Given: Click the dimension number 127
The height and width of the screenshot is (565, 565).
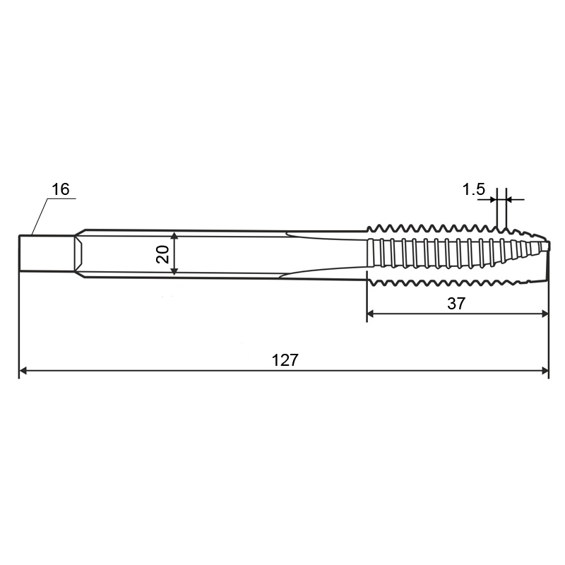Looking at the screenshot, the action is (285, 360).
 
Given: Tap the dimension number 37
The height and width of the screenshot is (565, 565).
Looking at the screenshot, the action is (456, 304).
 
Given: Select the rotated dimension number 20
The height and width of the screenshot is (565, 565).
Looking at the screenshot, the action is (162, 254).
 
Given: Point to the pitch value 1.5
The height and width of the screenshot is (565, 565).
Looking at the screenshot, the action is (473, 189).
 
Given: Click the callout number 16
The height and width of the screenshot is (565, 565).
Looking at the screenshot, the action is (60, 189).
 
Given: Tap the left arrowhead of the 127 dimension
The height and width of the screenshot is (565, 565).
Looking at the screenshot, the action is (23, 370).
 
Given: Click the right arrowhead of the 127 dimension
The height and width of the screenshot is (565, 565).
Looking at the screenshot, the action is (545, 370).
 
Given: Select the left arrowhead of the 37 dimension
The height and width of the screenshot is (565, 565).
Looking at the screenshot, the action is (371, 314).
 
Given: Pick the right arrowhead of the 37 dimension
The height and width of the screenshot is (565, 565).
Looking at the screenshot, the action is (545, 314).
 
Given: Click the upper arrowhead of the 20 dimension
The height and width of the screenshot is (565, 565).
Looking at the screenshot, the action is (174, 236).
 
